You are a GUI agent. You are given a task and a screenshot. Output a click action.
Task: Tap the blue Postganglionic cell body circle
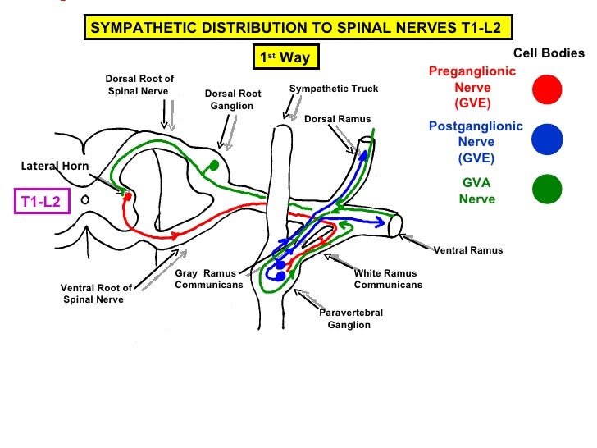tap(546, 139)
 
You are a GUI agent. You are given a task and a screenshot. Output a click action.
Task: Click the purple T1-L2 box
tap(42, 201)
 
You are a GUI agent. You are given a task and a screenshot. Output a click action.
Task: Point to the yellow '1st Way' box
tap(285, 57)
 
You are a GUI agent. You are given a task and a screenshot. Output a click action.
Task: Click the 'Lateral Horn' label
tap(54, 167)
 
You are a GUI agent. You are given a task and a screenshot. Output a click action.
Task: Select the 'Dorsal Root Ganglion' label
tap(232, 100)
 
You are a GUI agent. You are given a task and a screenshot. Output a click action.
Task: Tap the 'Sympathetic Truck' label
tap(334, 89)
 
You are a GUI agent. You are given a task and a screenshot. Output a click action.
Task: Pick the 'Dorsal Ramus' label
tap(337, 120)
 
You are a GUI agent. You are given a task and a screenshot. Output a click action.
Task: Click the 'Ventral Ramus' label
tap(467, 250)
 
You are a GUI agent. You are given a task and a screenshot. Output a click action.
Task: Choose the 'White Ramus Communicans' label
tap(387, 279)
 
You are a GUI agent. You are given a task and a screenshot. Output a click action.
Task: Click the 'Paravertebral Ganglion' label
tap(350, 319)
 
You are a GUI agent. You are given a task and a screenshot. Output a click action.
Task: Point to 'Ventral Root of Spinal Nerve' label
tap(95, 294)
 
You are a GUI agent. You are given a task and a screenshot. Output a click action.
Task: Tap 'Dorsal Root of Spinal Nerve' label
tap(139, 85)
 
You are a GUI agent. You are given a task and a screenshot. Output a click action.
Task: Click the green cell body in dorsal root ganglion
tap(214, 165)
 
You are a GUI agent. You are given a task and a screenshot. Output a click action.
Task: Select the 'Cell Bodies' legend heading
tap(549, 53)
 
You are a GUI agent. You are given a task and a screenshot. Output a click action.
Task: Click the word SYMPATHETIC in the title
tap(140, 27)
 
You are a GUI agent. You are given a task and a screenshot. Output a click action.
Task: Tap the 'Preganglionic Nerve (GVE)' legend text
tap(472, 88)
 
